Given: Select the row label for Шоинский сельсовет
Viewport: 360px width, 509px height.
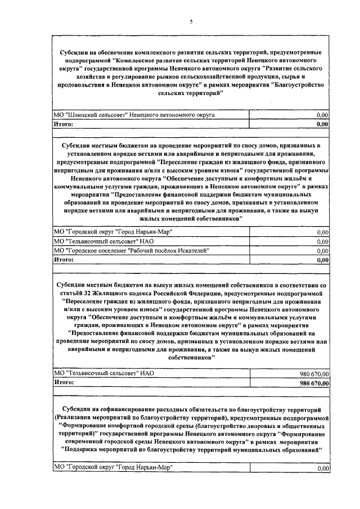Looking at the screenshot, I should [134, 115].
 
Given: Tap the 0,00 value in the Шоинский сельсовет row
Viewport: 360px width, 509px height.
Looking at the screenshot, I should [322, 115].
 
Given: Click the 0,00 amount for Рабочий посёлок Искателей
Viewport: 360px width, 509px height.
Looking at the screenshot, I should [322, 251].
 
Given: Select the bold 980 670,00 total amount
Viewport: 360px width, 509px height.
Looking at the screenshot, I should [310, 383].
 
